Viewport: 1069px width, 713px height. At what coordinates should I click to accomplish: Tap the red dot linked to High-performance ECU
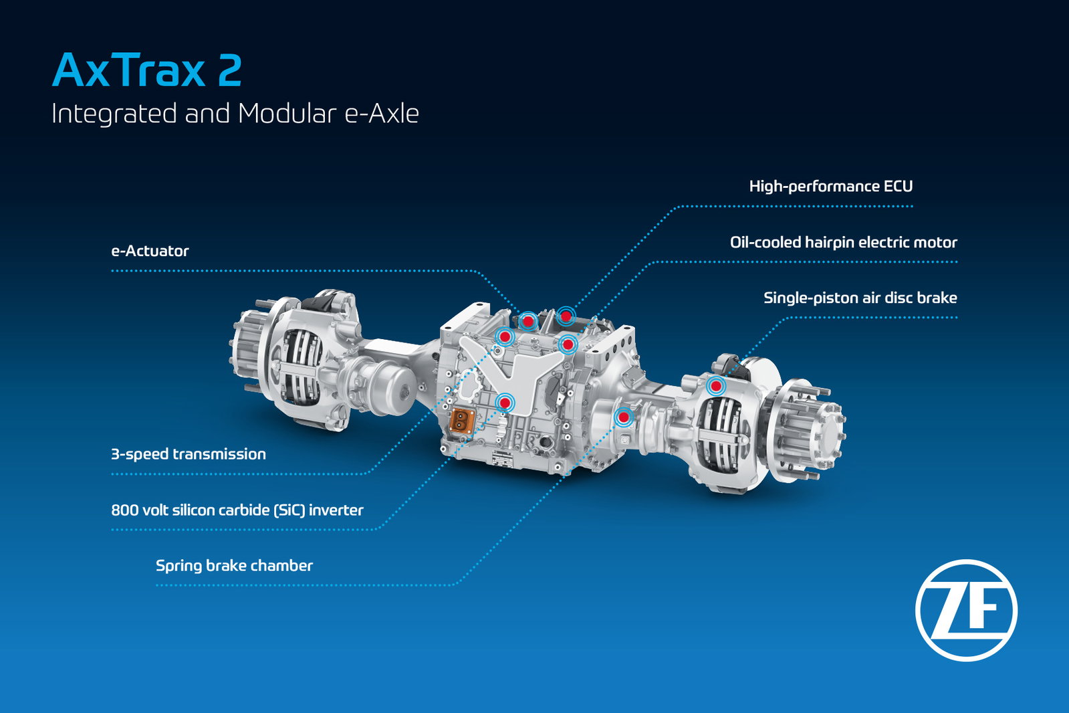tap(566, 316)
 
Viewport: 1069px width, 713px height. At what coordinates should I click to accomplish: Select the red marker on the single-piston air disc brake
tap(716, 385)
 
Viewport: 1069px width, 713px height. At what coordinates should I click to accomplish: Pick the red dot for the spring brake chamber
tap(623, 417)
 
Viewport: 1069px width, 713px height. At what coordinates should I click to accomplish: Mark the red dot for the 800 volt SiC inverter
tap(505, 403)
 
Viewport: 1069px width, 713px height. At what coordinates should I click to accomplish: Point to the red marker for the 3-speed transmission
tap(505, 336)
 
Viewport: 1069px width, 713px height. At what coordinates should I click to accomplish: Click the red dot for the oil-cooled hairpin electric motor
tap(568, 344)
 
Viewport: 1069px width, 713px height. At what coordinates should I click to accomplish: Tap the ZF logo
tap(966, 610)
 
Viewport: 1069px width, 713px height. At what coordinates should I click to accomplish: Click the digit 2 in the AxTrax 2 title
tap(229, 70)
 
